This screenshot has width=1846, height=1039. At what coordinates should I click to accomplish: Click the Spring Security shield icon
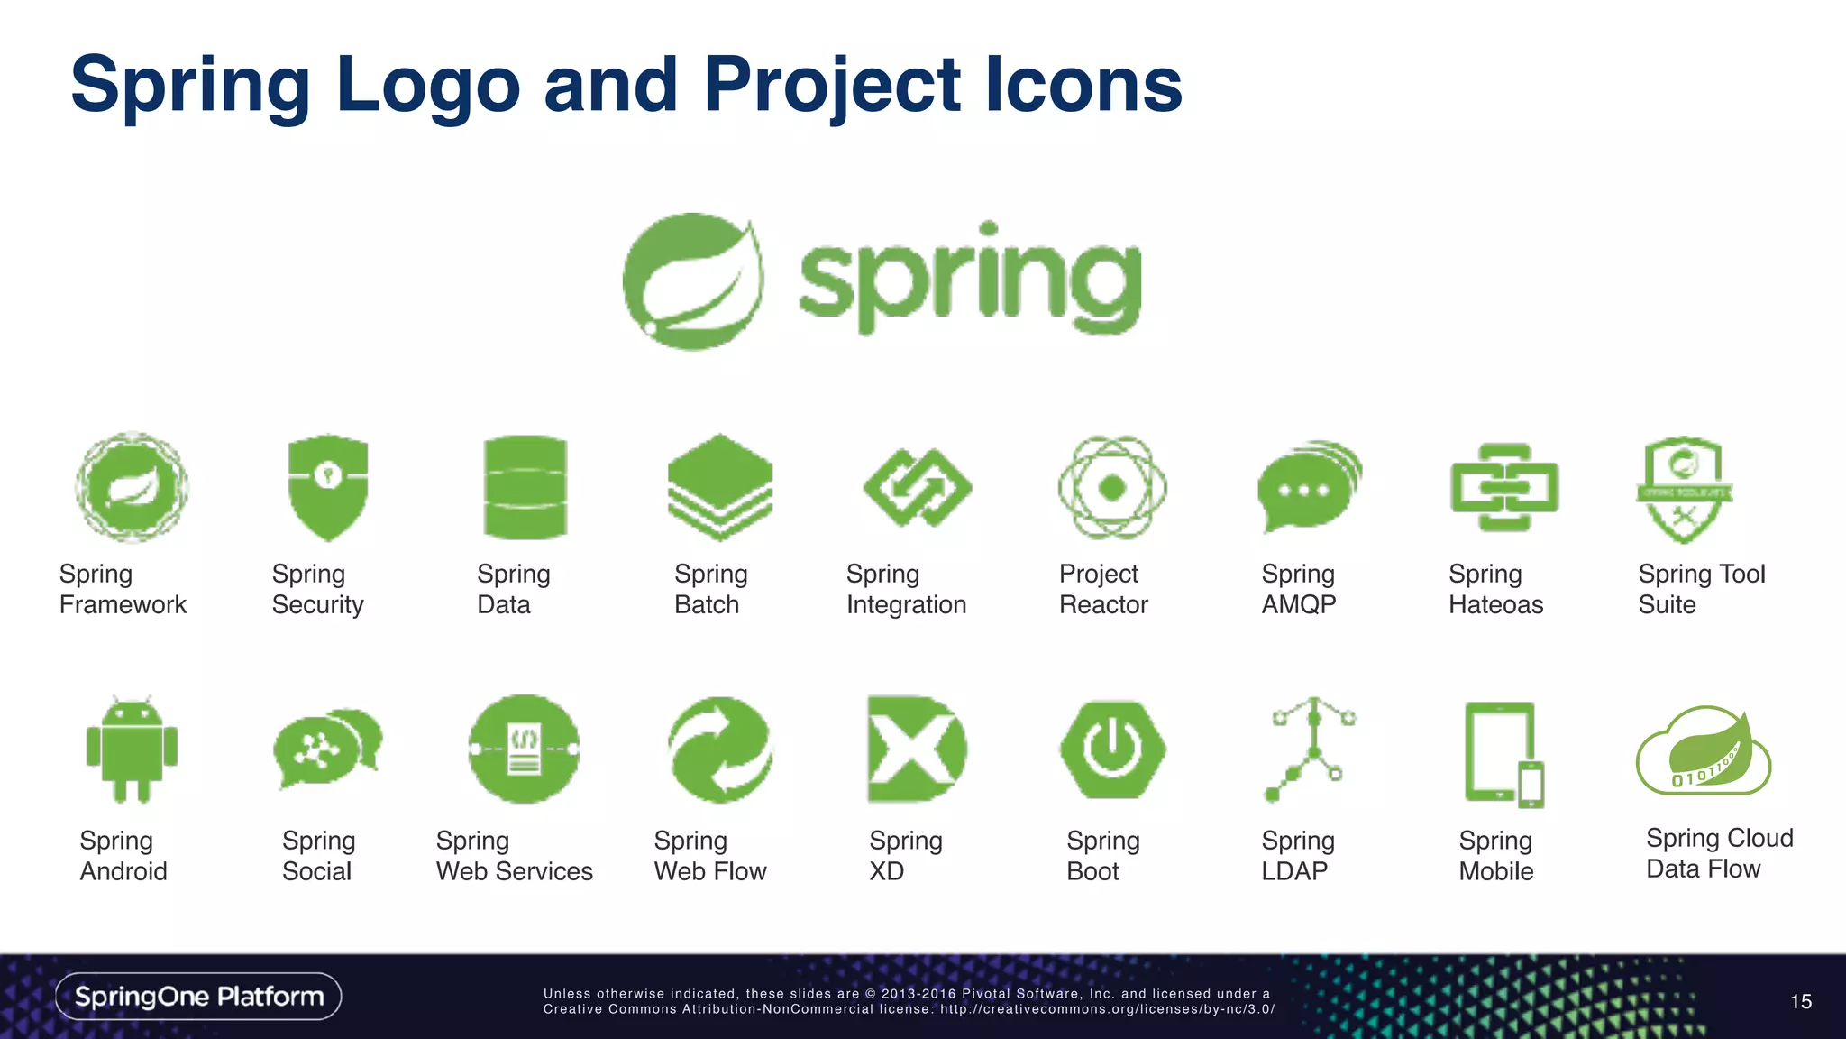(327, 487)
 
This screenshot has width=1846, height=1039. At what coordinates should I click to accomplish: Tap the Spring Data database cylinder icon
(525, 487)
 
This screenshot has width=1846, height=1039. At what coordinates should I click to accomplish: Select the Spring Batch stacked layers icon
(719, 487)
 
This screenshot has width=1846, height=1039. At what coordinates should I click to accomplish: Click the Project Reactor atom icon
(1112, 487)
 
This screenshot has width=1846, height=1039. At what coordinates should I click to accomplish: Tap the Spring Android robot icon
(132, 750)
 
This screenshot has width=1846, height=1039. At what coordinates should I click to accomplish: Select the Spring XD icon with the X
(915, 749)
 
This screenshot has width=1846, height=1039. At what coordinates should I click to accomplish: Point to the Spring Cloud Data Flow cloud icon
(1703, 752)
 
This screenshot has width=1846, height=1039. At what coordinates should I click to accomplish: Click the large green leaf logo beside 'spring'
(693, 281)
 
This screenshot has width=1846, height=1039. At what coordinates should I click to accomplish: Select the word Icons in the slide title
(1083, 85)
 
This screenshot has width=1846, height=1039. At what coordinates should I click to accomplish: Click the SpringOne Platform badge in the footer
(198, 997)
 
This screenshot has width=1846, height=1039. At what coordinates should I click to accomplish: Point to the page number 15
(1800, 1002)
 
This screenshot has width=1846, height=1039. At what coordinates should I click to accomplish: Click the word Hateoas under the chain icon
(1495, 605)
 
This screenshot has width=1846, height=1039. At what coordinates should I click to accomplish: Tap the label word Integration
(906, 605)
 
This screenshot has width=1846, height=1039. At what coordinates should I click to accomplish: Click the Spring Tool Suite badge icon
(1683, 489)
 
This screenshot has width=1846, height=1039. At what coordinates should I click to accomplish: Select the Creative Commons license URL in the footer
(1107, 1009)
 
